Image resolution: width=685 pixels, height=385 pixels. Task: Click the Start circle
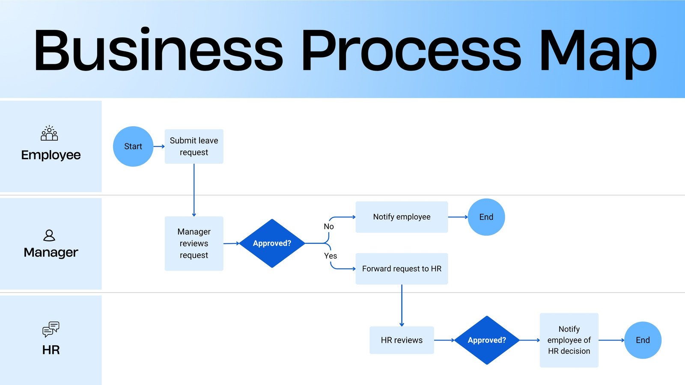tap(133, 146)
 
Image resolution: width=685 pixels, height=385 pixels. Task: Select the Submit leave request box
tap(194, 146)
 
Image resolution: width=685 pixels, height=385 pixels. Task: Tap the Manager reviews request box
tap(194, 243)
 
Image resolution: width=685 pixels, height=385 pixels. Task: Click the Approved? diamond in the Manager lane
tap(272, 243)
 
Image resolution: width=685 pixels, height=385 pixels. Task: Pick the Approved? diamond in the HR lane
tap(487, 340)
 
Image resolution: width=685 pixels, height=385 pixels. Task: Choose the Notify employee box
tap(402, 217)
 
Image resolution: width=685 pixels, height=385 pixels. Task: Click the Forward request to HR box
tap(402, 269)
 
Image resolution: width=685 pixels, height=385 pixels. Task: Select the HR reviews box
tap(402, 340)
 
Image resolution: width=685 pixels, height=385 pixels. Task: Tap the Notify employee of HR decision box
tap(569, 340)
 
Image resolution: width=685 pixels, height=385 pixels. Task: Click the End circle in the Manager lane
tap(486, 217)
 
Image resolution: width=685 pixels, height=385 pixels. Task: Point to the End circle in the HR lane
tap(643, 340)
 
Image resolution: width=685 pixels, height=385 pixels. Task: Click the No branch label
tap(329, 227)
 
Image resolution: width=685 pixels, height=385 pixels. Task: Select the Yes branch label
tap(331, 256)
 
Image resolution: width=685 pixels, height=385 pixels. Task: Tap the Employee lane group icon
tap(49, 133)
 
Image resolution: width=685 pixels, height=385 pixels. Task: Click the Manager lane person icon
tap(49, 235)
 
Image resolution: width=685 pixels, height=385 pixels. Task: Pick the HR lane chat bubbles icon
tap(51, 329)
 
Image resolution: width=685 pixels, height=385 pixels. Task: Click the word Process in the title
tap(411, 50)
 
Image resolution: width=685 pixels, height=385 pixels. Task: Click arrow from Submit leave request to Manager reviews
tap(194, 190)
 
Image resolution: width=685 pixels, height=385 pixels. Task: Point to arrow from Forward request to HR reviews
tap(402, 305)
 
